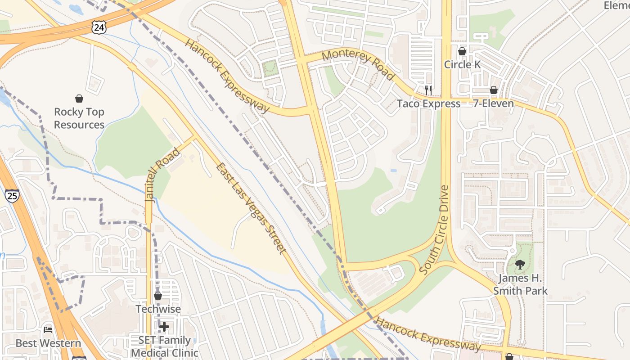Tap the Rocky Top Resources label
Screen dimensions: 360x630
point(79,118)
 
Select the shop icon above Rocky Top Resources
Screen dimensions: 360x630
point(79,99)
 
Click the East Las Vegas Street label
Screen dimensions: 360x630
point(251,208)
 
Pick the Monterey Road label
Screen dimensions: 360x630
point(359,65)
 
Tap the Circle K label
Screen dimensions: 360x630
point(462,64)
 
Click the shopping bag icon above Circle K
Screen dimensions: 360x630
point(462,51)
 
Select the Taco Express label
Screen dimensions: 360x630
point(428,104)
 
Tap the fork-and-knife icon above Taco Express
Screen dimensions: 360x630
point(428,90)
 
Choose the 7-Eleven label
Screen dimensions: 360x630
point(493,104)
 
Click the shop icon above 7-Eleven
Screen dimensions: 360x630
point(494,90)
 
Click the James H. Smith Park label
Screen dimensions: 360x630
point(520,284)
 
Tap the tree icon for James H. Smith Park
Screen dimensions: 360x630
point(520,265)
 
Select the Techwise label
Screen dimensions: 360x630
point(158,309)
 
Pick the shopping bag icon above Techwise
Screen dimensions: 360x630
point(158,296)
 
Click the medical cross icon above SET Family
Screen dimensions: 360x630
point(164,327)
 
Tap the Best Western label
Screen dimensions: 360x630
point(48,343)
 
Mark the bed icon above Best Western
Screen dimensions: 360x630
point(48,330)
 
